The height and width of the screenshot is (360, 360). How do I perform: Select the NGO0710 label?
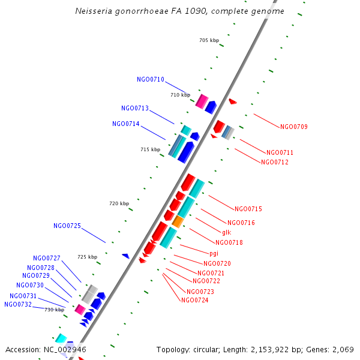(x=150, y=79)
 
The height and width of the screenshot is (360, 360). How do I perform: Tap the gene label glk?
(x=226, y=232)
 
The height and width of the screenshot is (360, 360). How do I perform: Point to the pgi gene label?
(x=214, y=253)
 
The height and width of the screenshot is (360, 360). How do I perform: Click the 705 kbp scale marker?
(x=209, y=41)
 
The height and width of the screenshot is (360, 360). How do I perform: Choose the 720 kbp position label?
(x=119, y=204)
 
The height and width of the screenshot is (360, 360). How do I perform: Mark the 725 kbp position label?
(x=87, y=257)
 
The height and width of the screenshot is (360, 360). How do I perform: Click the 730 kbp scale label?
(x=54, y=310)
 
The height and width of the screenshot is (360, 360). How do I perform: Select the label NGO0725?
(x=67, y=226)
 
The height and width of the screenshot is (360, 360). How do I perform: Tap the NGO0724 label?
(x=194, y=300)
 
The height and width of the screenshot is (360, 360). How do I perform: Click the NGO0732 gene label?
(x=17, y=304)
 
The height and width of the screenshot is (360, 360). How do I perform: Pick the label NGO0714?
(x=125, y=124)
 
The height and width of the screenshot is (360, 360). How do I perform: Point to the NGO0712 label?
(x=274, y=162)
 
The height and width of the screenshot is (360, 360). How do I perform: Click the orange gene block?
(x=178, y=222)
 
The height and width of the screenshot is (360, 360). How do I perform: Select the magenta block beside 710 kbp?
(x=202, y=101)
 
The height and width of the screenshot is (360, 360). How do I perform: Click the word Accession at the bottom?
(x=23, y=349)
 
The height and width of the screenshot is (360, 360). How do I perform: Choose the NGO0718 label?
(x=229, y=242)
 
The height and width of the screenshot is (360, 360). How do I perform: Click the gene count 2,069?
(x=343, y=349)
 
